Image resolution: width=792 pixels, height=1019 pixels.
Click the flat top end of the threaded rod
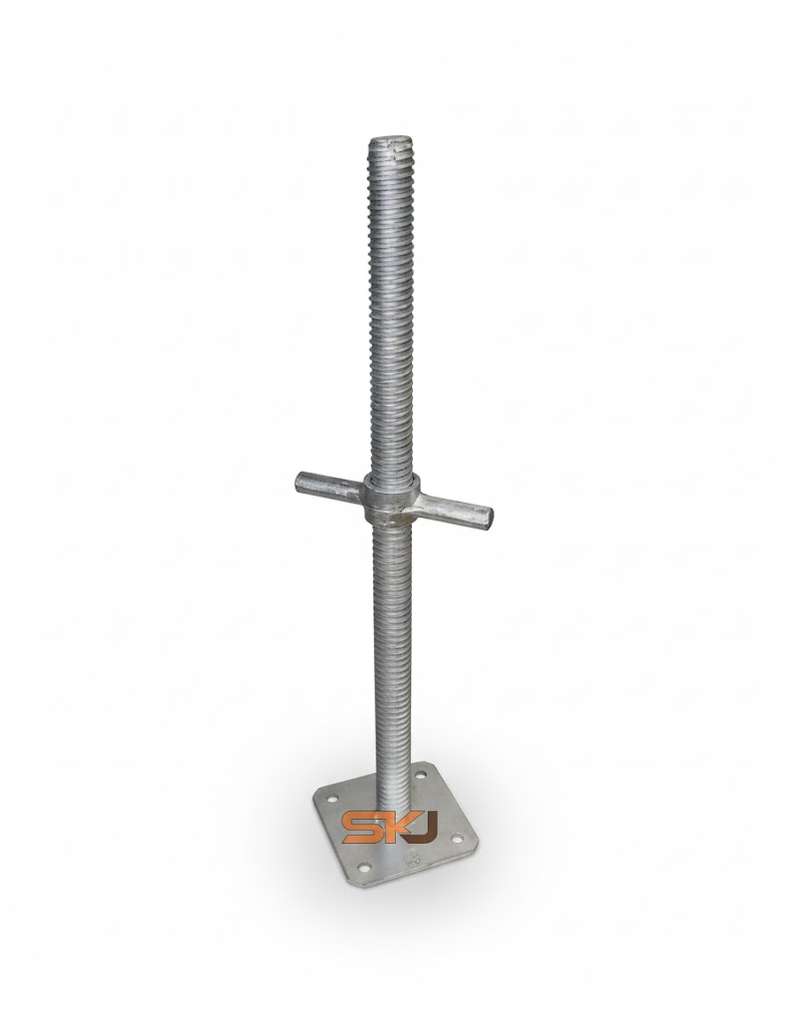(391, 140)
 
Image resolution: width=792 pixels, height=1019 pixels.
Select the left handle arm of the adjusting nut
(328, 486)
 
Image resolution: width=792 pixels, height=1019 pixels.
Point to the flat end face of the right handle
(490, 517)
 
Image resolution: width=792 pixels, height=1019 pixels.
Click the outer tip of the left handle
(298, 481)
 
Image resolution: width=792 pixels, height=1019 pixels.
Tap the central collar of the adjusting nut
(391, 500)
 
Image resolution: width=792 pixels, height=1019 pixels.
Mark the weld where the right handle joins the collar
(419, 501)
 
